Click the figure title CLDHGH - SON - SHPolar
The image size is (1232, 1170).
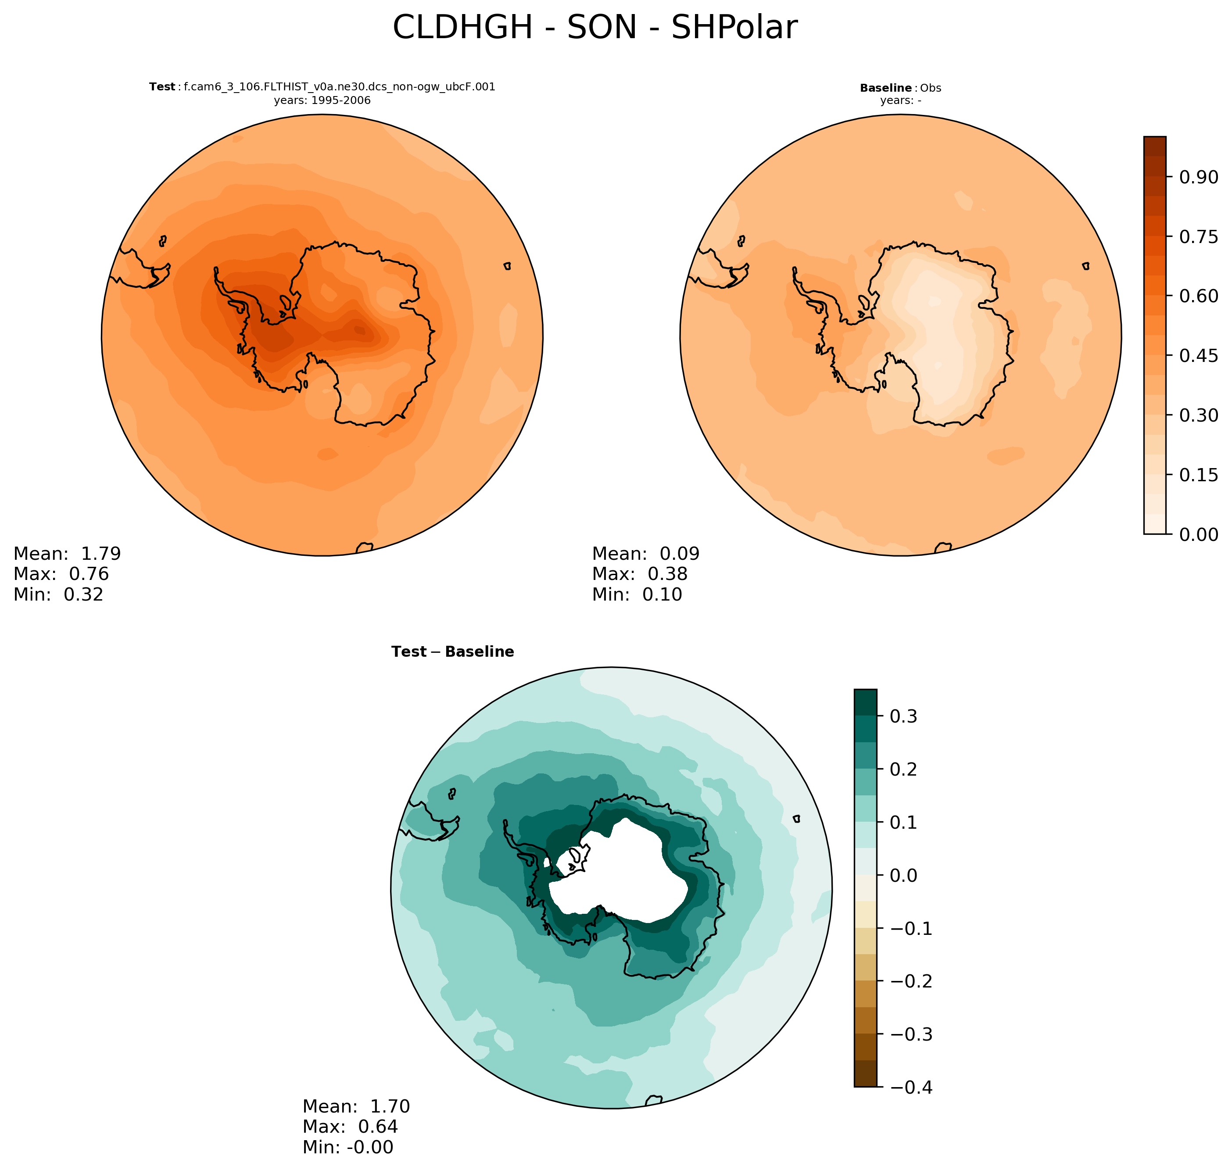click(595, 28)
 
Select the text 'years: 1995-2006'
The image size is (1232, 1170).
click(322, 100)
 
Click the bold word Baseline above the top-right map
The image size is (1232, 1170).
click(885, 88)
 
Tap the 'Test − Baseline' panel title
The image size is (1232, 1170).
click(452, 652)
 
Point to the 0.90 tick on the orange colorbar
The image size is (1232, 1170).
click(1198, 177)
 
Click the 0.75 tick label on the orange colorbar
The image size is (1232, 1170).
click(1198, 237)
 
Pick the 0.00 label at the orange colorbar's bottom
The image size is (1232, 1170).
click(1198, 534)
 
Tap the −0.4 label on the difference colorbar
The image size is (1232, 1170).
click(911, 1088)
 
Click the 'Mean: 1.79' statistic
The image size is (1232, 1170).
click(67, 554)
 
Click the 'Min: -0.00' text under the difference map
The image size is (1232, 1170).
click(347, 1147)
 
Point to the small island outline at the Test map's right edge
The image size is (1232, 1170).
click(507, 266)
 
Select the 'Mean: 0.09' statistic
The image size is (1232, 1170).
click(646, 554)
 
